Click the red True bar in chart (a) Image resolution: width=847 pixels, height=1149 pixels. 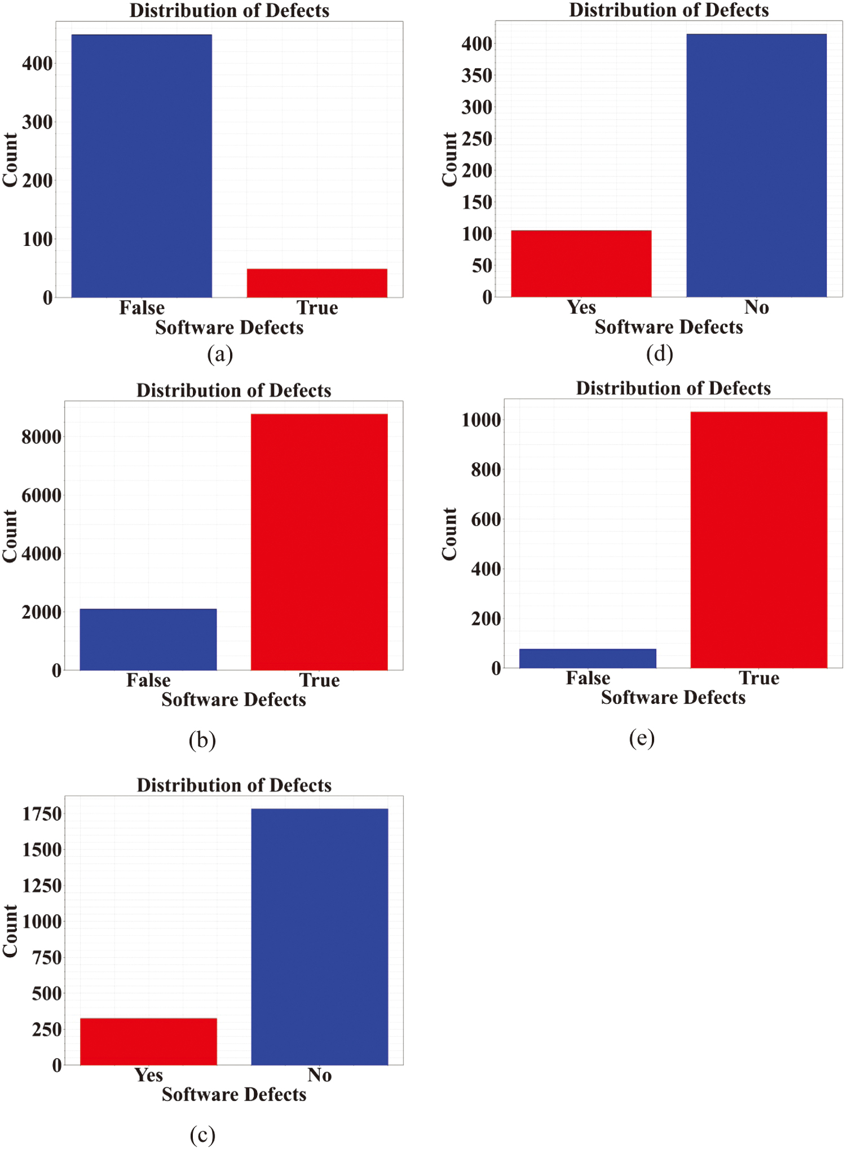pos(317,283)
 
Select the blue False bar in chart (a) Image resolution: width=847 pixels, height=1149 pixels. pos(142,166)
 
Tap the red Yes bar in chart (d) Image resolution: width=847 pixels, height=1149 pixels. pos(581,263)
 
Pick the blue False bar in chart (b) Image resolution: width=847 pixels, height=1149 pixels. pos(148,639)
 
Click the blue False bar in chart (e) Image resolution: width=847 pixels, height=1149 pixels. pos(588,658)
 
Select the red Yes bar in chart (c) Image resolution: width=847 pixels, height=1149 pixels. pos(148,1041)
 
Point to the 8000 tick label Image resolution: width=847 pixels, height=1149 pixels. pos(41,437)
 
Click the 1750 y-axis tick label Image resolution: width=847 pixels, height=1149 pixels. pos(41,815)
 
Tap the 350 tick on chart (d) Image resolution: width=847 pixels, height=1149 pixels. pos(477,76)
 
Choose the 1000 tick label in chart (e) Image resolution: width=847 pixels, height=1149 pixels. pos(481,420)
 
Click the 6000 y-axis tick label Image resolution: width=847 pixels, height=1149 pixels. pos(41,496)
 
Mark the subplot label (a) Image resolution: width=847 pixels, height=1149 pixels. pos(219,354)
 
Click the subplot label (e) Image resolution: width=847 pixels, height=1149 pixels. pos(642,738)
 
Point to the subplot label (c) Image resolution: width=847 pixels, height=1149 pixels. pos(202,1135)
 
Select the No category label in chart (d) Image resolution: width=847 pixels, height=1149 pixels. pos(756,307)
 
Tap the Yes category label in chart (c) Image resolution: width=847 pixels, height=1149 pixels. pos(148,1075)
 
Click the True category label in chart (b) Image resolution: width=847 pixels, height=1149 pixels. pos(319,680)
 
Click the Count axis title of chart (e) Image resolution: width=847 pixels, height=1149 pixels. pos(449,534)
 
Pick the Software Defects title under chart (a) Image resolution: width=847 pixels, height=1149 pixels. pos(229,328)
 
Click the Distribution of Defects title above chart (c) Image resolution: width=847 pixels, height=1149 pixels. pos(234,785)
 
